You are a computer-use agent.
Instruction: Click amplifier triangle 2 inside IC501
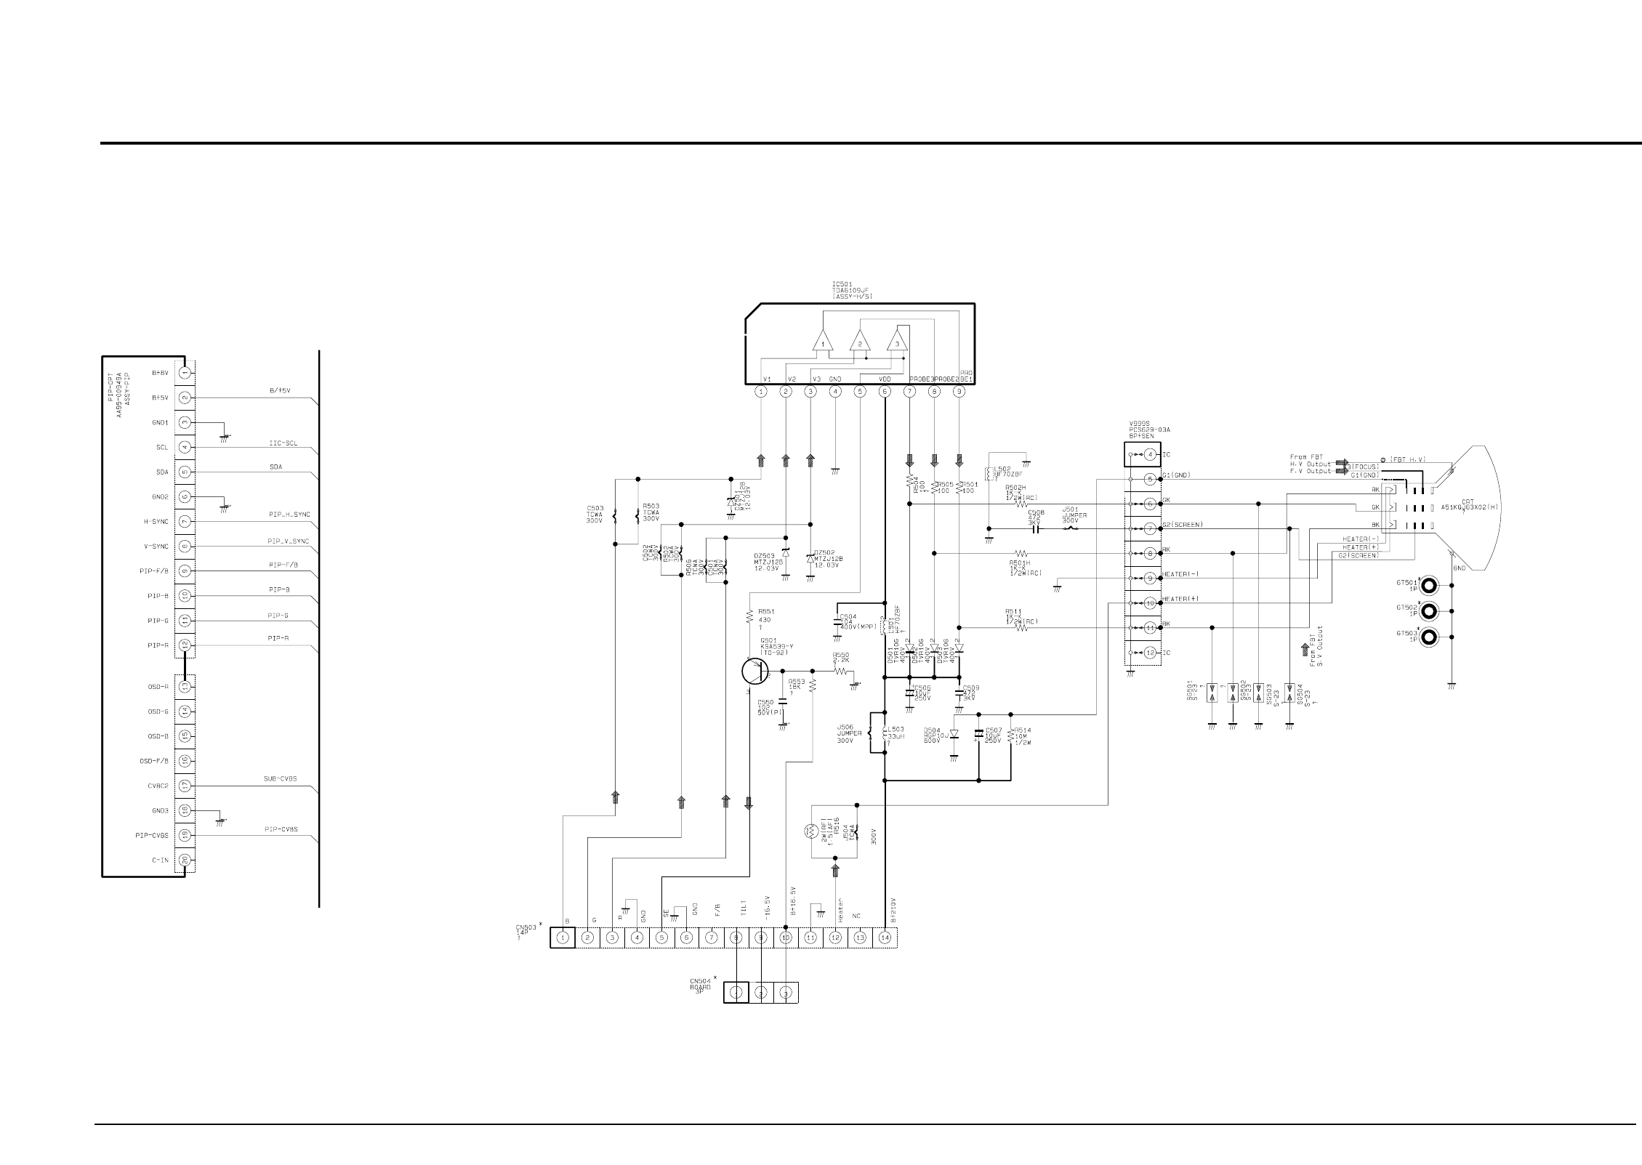(x=860, y=342)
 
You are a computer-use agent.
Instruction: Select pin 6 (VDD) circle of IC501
(x=885, y=392)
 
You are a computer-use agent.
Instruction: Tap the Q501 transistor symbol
(x=754, y=671)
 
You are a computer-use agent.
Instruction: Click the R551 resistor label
(x=766, y=611)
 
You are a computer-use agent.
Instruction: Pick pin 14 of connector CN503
(x=885, y=938)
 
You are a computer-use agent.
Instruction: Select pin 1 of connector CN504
(x=736, y=992)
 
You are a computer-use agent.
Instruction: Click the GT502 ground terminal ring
(x=1429, y=610)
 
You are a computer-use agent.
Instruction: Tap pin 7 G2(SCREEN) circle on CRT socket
(x=1150, y=528)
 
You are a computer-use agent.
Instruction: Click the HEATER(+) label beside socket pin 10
(x=1179, y=600)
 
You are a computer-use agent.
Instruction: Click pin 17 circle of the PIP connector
(x=185, y=786)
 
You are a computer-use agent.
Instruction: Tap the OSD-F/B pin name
(x=154, y=761)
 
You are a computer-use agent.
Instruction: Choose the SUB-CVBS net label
(x=280, y=778)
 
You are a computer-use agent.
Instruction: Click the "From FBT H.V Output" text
(x=1310, y=461)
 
